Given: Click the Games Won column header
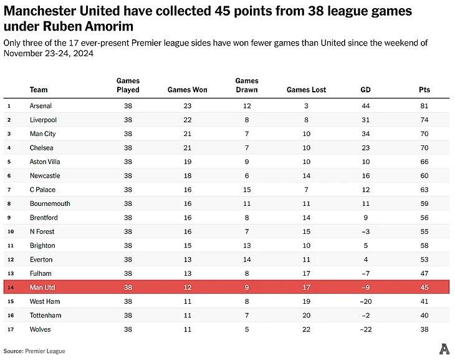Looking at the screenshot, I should tap(187, 90).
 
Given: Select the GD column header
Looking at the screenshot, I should tap(365, 90).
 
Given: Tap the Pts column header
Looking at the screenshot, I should tap(424, 90).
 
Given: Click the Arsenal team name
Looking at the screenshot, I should tap(41, 106).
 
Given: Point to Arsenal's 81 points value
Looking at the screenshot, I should tap(424, 106).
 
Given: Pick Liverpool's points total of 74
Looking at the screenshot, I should tap(424, 120).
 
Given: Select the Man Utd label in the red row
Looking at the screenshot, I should tap(42, 288).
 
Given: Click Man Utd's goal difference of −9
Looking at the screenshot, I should tap(365, 288).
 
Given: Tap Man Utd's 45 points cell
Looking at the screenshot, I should tap(424, 288).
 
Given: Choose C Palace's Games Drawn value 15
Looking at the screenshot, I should tap(247, 190).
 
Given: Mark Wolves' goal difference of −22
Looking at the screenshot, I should tap(365, 329).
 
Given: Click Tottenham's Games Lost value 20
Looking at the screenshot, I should tap(306, 316).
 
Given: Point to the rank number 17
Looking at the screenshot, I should tap(9, 329).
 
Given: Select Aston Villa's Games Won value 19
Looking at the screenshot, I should tap(187, 162).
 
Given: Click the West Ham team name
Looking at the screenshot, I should tap(45, 301).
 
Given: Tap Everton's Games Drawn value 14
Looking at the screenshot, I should tap(247, 260).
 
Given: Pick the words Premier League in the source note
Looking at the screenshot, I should tap(45, 351).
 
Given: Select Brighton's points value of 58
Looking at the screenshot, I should tap(424, 246).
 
